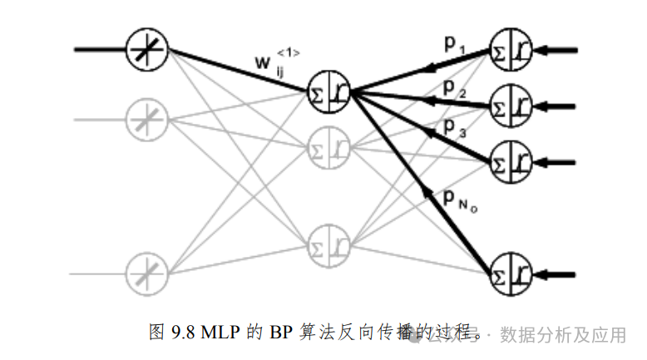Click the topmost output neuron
click(x=511, y=50)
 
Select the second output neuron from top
click(x=511, y=105)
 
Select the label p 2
click(x=454, y=87)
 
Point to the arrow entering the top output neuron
click(x=559, y=50)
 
